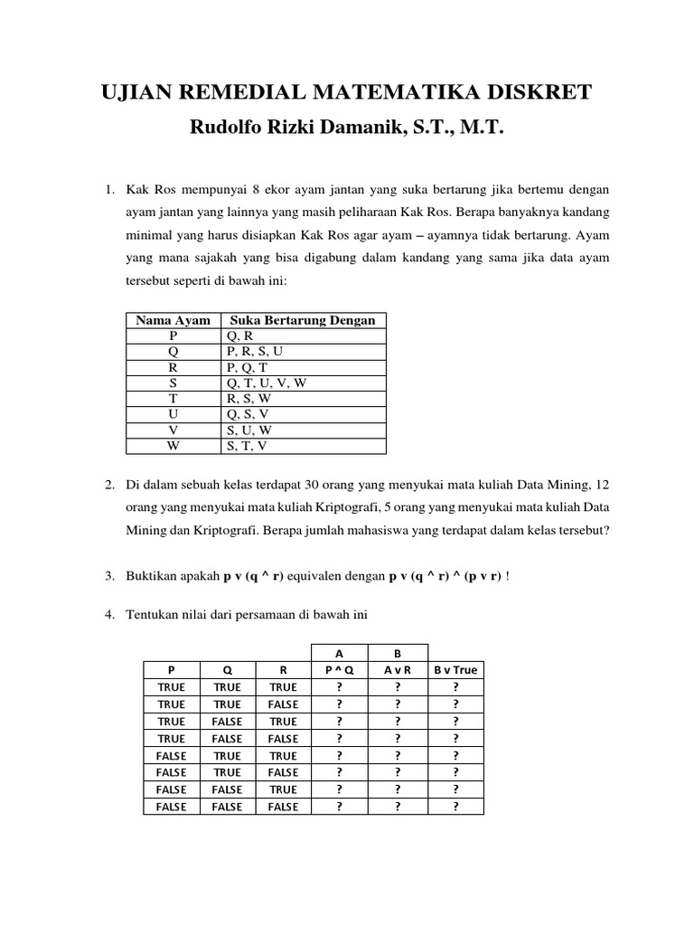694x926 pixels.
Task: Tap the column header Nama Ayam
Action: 173,320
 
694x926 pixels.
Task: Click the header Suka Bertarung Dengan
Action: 303,320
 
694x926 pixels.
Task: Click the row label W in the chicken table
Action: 173,445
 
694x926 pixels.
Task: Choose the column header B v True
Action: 455,670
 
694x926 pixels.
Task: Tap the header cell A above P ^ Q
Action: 339,653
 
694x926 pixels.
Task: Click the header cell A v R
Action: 397,670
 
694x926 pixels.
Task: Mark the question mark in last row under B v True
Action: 455,807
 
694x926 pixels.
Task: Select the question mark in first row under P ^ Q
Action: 339,687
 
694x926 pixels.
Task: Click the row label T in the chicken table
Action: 173,398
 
